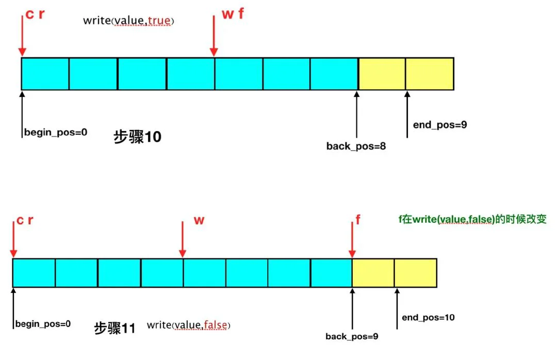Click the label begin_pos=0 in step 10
pos(56,132)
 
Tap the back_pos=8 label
pos(356,146)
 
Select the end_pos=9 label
pos(440,125)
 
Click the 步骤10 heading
pos(138,137)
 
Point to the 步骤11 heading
pos(114,328)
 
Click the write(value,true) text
pos(128,21)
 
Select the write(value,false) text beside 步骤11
pos(188,325)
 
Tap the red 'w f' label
pos(233,14)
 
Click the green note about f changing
pos(472,219)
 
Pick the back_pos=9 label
pos(352,336)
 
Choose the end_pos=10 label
pos(428,317)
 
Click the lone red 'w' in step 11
pos(199,220)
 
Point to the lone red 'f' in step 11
pos(358,220)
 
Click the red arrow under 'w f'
pos(214,36)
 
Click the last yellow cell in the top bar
pos(430,74)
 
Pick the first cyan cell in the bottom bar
pos(34,273)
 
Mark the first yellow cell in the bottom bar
pos(373,273)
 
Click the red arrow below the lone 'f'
pos(352,239)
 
